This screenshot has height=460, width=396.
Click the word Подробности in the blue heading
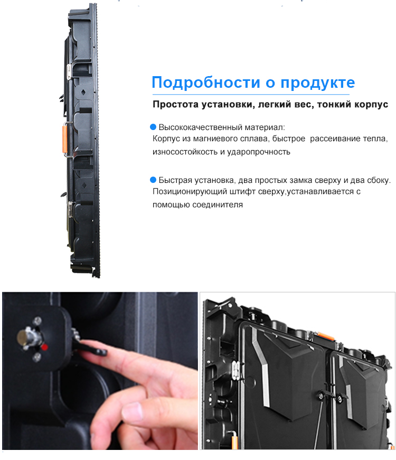point(205,82)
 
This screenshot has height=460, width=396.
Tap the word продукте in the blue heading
point(318,83)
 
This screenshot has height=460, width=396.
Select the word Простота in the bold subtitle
point(175,104)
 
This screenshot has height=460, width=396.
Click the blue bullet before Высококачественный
point(153,127)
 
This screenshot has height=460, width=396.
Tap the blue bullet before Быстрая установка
point(153,180)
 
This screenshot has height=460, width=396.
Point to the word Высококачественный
point(201,127)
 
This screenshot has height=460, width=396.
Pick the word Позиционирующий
point(190,191)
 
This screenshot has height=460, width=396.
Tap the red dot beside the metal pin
point(44,347)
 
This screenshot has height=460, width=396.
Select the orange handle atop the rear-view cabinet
point(326,336)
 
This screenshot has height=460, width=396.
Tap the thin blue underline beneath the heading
point(251,95)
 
